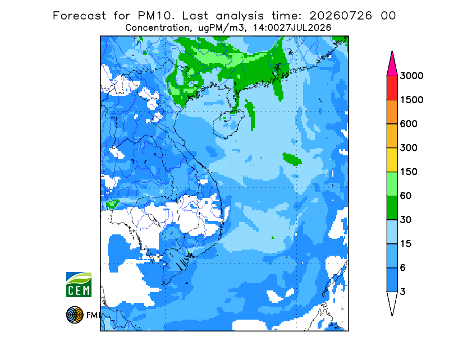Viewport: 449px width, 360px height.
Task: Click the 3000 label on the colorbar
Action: click(411, 76)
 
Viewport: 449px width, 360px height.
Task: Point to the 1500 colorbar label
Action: click(411, 100)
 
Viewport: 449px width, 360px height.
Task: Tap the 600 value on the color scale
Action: click(409, 124)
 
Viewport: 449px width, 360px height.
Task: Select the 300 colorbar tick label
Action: click(409, 147)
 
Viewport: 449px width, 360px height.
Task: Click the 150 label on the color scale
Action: click(409, 172)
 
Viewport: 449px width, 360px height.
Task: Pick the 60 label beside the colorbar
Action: click(406, 196)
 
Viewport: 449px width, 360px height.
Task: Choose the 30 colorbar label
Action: click(406, 220)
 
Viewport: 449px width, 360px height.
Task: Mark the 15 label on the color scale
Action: click(406, 244)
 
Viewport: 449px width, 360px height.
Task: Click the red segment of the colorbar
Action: click(392, 88)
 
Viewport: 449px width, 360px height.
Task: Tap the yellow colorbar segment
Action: click(392, 160)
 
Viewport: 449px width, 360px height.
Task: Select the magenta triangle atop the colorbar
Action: click(392, 65)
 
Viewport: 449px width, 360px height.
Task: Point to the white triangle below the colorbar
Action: click(392, 302)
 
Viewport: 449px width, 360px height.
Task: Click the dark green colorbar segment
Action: click(392, 208)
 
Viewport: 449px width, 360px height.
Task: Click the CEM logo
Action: click(79, 284)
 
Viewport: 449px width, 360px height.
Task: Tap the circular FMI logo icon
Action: click(75, 315)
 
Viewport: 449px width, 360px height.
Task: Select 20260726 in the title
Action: click(341, 16)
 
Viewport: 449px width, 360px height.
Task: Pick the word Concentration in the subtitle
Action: click(157, 28)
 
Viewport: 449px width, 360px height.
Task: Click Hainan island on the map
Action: click(228, 124)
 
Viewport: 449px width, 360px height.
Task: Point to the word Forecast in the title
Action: click(79, 16)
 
